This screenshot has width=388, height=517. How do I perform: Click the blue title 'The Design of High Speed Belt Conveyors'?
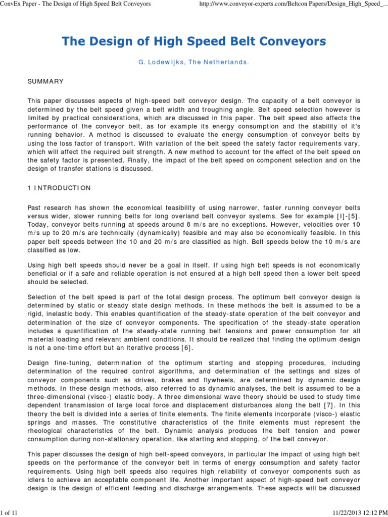click(x=194, y=41)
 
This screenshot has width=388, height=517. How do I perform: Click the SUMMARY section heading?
click(x=45, y=81)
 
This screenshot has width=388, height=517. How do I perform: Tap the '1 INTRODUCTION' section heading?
click(x=59, y=188)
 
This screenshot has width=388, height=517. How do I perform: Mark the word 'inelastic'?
click(x=65, y=314)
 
